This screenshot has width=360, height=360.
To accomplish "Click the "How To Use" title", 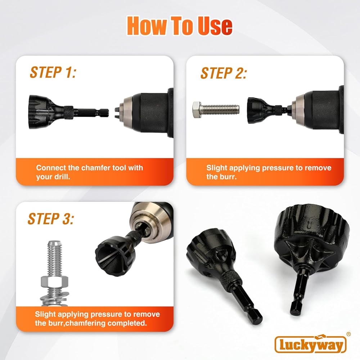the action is (180, 26).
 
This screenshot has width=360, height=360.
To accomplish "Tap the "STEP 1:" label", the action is (53, 72).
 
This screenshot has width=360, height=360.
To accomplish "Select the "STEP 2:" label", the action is (224, 73).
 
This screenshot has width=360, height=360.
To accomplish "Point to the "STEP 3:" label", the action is (51, 219).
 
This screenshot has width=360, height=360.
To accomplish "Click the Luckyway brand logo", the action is (310, 345).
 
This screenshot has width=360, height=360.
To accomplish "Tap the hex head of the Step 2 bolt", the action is (197, 110).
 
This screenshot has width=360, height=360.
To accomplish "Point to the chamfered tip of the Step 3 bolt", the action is (54, 243).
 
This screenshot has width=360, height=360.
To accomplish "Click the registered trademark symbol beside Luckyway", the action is (348, 334).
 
